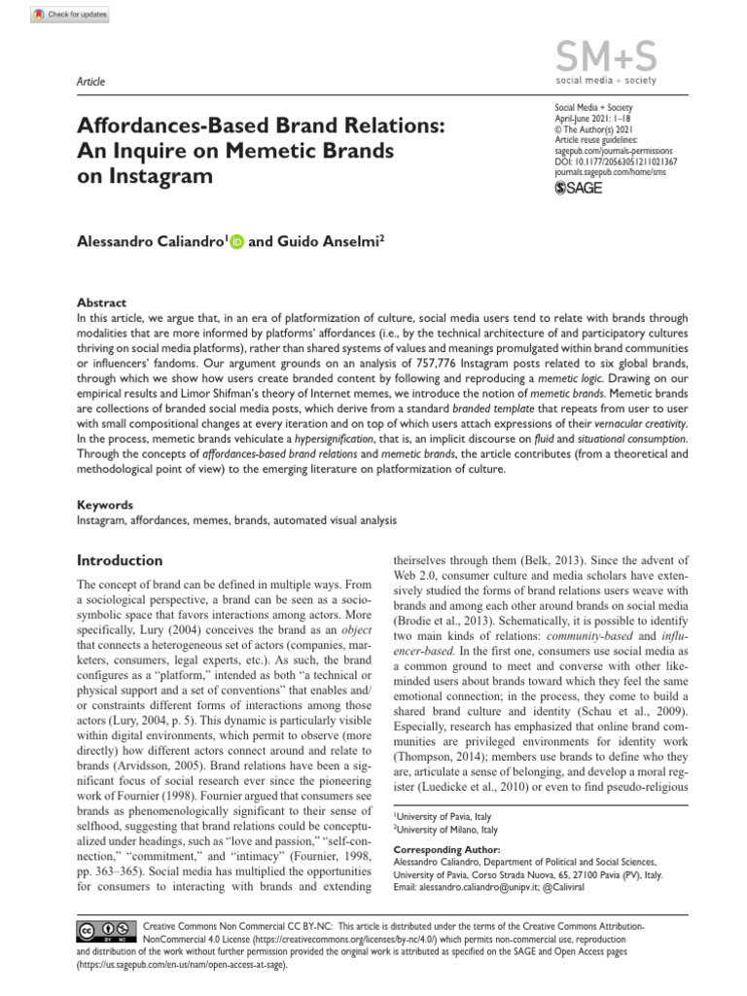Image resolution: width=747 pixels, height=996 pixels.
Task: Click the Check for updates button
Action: coord(70,16)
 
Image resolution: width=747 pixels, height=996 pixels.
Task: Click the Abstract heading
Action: coord(101,302)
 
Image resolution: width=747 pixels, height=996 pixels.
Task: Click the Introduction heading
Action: coord(120,560)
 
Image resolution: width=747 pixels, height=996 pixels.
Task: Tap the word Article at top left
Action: coord(90,82)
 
